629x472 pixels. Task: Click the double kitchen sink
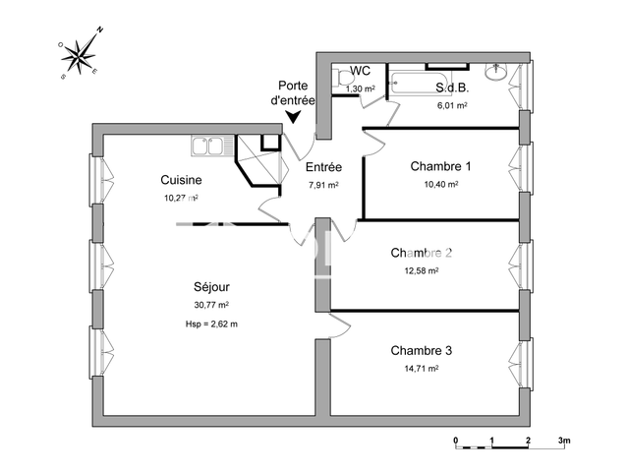click(x=207, y=147)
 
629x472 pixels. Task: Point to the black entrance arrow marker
click(x=292, y=118)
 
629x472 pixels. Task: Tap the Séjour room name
click(x=211, y=287)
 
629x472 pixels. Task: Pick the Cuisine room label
click(x=182, y=180)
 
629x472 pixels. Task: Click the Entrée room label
click(x=323, y=168)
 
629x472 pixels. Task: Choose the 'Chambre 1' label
click(x=440, y=166)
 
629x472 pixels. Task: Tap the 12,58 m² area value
click(x=421, y=270)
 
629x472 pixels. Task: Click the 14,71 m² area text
click(x=421, y=369)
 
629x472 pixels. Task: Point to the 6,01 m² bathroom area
click(x=451, y=105)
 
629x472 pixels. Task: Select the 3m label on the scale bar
click(x=563, y=441)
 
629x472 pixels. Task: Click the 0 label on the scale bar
click(x=455, y=441)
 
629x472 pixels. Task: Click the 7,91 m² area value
click(x=323, y=185)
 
